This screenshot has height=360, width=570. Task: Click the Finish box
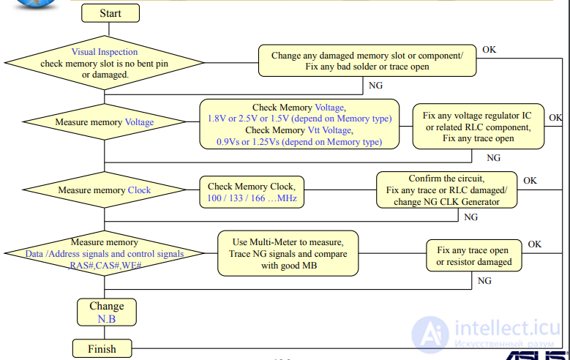(x=102, y=348)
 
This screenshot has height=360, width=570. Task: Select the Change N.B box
(x=106, y=312)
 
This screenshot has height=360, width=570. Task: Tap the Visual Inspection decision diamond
(x=105, y=64)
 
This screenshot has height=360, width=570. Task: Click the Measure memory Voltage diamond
(x=105, y=122)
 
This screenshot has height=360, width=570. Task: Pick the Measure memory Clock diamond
(x=105, y=190)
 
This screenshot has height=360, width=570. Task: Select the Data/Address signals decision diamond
(x=105, y=254)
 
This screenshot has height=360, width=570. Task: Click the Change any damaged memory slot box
(x=367, y=61)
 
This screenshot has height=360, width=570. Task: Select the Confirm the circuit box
(x=446, y=190)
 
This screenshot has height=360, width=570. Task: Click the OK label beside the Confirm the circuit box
(x=530, y=180)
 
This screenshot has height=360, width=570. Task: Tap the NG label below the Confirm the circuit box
(x=471, y=217)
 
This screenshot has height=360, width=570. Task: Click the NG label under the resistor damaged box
(x=484, y=280)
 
